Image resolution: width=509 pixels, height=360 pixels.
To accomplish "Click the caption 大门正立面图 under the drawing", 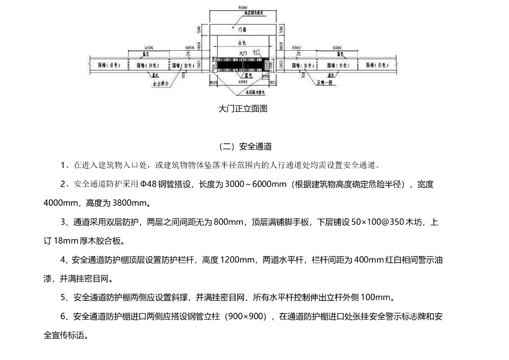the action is pos(243,109).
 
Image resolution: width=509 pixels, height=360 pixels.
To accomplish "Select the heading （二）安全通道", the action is pos(245,147).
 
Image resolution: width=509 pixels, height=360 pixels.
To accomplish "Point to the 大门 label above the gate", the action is pos(243,52).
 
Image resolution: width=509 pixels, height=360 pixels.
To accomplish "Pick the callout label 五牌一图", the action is pos(324,84).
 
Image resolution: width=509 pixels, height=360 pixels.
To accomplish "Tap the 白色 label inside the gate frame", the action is pos(242,43).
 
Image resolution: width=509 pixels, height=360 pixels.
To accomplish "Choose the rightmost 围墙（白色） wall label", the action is pos(376,65).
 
